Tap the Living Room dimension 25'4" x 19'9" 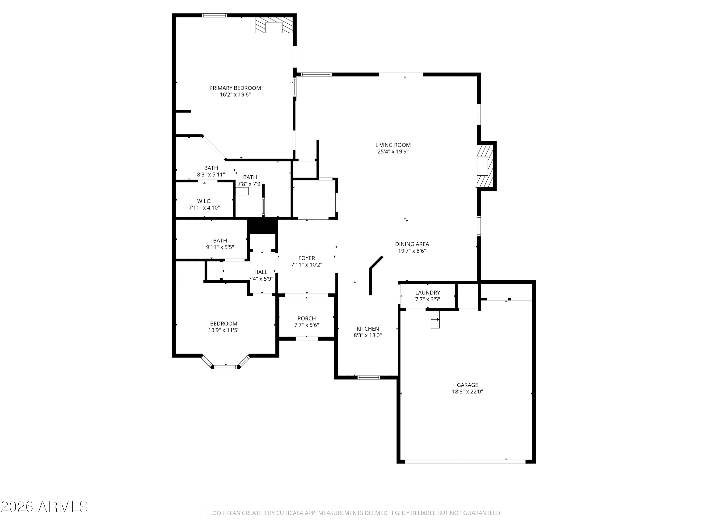393,152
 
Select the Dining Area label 412,244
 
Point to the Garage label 467,385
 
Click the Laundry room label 428,293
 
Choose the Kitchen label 368,329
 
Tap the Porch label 307,318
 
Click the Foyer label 307,258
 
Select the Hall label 261,272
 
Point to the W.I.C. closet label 204,201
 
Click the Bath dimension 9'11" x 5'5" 220,247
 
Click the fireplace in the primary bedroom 274,25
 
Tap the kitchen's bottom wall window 369,377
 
